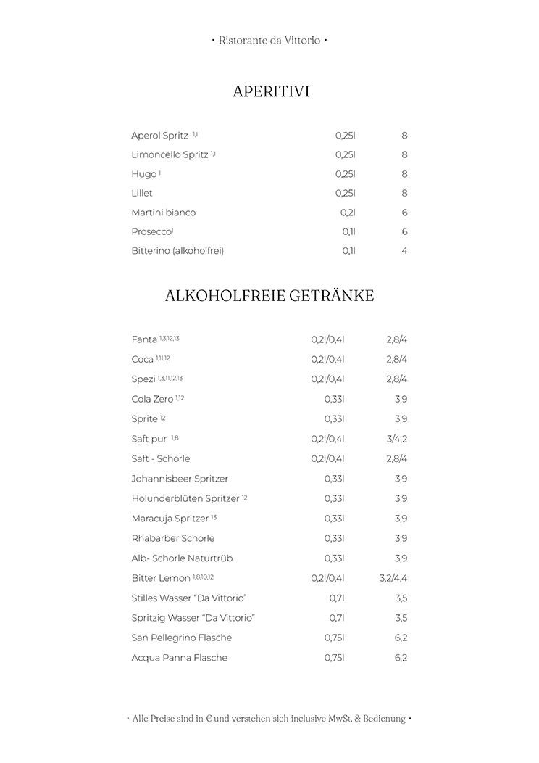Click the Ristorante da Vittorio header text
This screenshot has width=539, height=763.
269,41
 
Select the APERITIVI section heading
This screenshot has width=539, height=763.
271,92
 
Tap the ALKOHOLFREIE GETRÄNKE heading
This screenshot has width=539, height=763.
269,296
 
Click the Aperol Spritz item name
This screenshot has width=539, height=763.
159,136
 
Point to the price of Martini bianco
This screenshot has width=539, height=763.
404,213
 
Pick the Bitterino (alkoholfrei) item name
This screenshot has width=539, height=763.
177,251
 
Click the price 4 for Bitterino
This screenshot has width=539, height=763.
404,251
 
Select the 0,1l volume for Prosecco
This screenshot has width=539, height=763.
348,232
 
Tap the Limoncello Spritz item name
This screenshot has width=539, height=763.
170,154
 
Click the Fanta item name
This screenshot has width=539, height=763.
144,339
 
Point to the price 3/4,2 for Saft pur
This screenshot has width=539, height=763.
397,439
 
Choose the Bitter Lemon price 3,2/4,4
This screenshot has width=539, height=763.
393,578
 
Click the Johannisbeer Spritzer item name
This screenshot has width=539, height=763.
180,479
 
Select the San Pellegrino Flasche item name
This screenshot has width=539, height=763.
181,638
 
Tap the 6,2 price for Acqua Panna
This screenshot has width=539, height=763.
401,658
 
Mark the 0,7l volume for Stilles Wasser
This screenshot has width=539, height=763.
337,598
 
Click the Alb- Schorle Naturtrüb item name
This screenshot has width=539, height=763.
182,558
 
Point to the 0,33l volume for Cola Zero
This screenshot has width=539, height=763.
334,399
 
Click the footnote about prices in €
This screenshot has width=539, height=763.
269,719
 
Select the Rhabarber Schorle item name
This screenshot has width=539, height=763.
172,538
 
